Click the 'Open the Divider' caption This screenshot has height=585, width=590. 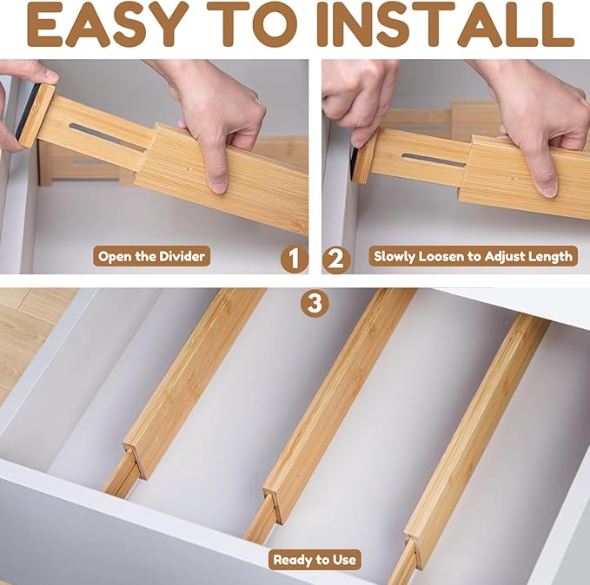tap(151, 256)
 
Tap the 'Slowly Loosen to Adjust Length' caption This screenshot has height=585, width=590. tap(473, 256)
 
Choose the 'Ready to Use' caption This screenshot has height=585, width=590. tap(315, 559)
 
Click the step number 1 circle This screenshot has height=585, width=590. tap(295, 258)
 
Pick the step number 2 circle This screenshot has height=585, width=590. tap(337, 258)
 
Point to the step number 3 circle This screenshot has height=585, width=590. tap(315, 303)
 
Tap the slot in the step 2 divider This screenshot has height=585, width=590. tap(432, 160)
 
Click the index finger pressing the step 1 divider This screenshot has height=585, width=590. tap(217, 174)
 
